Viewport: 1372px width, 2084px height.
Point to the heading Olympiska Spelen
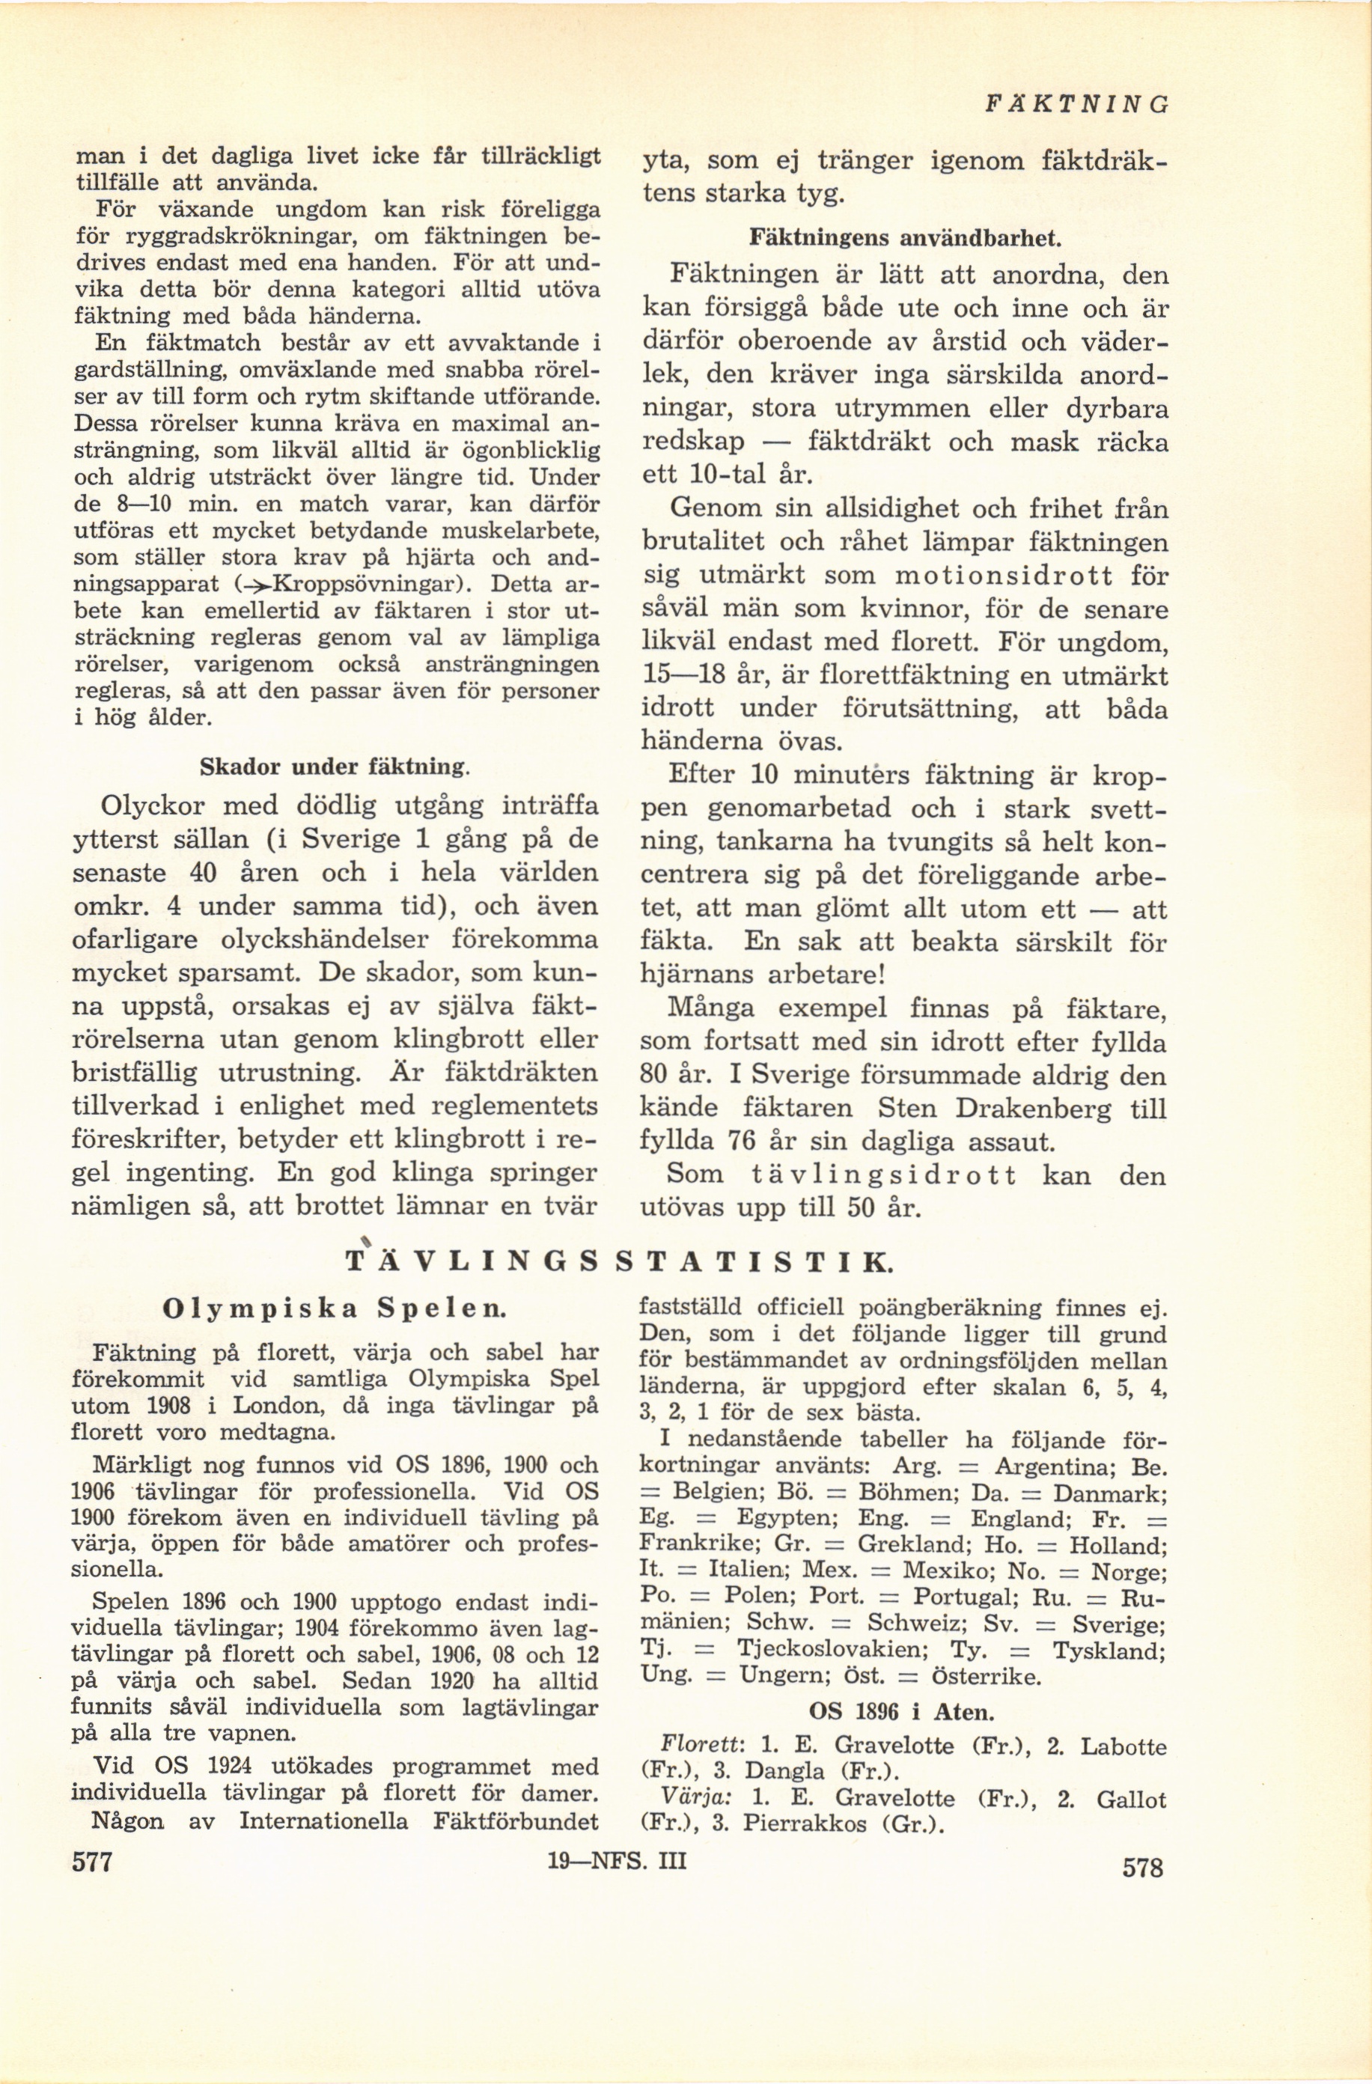coord(335,1310)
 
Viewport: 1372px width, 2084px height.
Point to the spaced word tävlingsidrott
coord(884,1175)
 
